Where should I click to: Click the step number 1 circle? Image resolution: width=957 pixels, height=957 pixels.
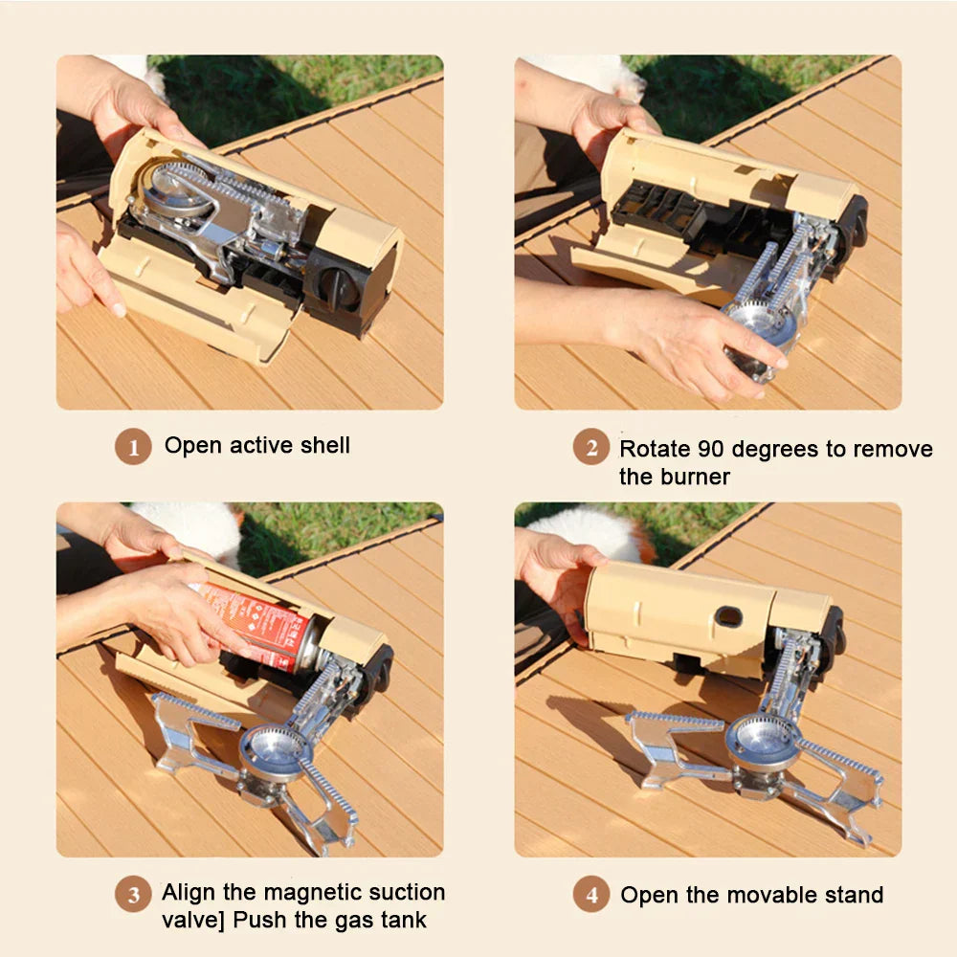coord(134,447)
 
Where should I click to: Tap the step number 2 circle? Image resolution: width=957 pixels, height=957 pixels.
coord(591,447)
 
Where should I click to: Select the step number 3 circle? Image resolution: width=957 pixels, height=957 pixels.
coord(133,895)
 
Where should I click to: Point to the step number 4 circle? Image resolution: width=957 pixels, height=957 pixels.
coord(591,896)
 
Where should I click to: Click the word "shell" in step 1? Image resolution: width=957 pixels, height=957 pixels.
coord(323,445)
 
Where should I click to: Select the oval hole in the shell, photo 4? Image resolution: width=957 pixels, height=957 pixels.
coord(729,617)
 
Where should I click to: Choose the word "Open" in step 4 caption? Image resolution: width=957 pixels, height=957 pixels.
coord(648,896)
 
